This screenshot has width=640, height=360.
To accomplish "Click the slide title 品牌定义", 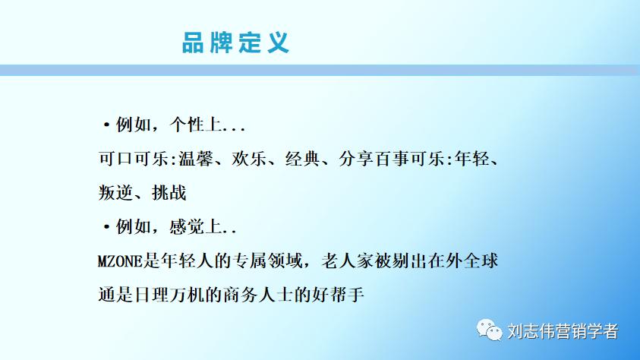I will coord(235,42).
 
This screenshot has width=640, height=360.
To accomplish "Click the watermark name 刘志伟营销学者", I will coord(562,331).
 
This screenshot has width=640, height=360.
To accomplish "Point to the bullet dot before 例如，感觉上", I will coord(106,228).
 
